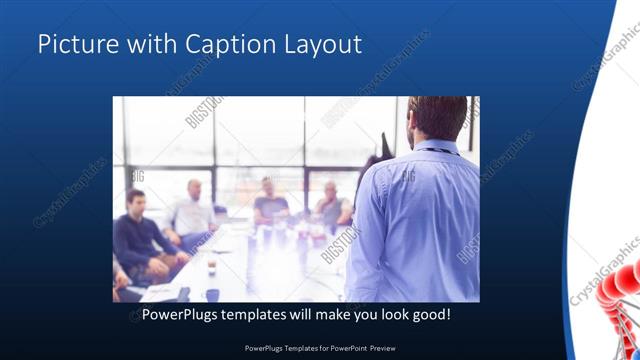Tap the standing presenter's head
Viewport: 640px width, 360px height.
pos(438,117)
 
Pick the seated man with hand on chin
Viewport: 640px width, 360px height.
pos(333,206)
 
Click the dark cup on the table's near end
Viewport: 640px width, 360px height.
pos(212,294)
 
